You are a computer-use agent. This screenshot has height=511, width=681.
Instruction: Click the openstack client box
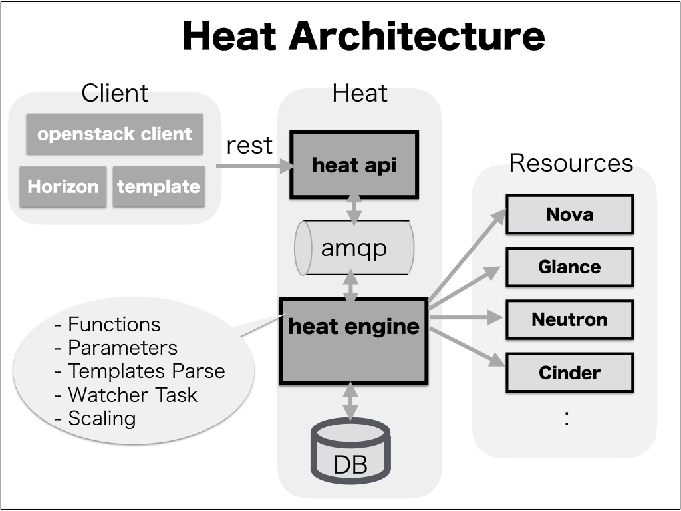click(x=114, y=134)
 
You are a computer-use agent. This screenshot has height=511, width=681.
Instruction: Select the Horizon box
click(x=63, y=186)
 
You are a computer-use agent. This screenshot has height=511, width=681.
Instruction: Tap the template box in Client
click(x=158, y=186)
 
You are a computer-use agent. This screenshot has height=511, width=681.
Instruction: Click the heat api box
click(x=354, y=165)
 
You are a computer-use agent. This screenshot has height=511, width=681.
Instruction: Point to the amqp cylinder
click(x=354, y=248)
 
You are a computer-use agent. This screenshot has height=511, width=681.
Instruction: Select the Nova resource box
click(x=569, y=214)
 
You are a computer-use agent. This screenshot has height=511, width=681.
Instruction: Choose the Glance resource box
click(x=569, y=267)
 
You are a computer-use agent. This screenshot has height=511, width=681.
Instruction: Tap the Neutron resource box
click(x=569, y=319)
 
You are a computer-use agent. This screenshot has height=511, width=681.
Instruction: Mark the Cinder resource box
click(x=569, y=372)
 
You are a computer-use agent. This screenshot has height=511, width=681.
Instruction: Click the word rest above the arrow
click(x=249, y=145)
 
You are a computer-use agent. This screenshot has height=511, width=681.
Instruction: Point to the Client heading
click(x=114, y=94)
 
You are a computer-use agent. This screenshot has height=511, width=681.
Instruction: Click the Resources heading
click(x=571, y=163)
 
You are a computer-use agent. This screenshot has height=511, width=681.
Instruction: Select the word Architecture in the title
click(x=417, y=37)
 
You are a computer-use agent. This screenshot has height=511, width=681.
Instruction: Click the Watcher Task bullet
click(x=126, y=395)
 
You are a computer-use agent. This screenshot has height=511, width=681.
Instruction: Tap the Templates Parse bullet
click(x=140, y=371)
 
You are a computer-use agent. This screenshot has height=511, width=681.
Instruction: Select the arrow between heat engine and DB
click(x=350, y=401)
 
